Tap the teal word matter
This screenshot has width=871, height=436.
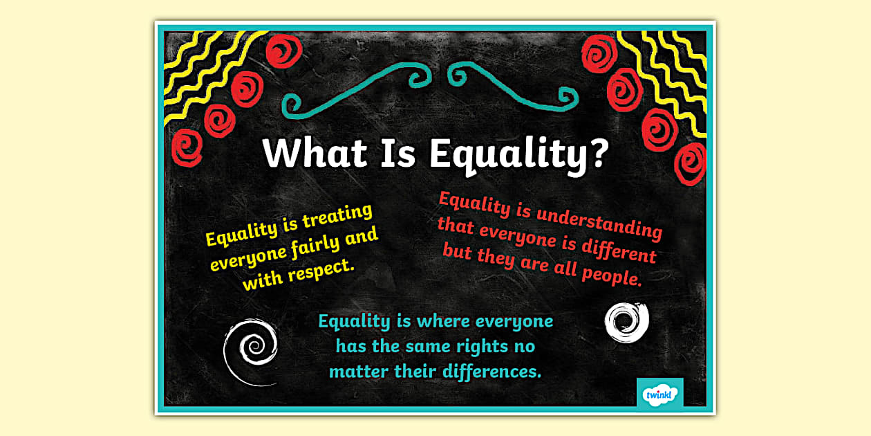(357, 371)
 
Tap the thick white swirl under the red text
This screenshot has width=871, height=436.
(626, 321)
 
